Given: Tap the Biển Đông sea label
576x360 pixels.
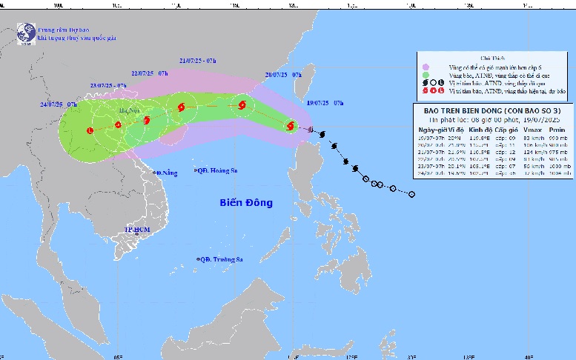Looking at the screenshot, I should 246,202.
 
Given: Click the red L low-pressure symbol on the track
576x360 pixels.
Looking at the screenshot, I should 90,131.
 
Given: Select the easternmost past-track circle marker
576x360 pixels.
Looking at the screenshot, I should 411,195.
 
